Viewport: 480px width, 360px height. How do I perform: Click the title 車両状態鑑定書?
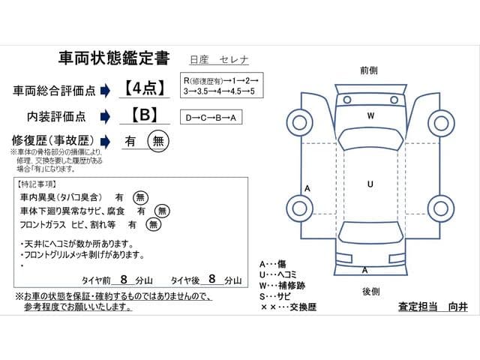[113, 58]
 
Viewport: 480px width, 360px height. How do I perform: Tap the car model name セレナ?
[234, 60]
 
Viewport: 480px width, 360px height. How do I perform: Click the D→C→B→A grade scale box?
[212, 118]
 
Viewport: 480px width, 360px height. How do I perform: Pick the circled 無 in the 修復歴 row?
[158, 140]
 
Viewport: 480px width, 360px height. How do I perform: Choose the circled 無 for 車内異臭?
[140, 197]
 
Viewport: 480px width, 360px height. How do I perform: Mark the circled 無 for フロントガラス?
[153, 223]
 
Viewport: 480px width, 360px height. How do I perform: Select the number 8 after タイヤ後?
[212, 279]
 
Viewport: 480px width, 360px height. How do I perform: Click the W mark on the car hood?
[370, 116]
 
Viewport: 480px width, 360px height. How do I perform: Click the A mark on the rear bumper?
[365, 269]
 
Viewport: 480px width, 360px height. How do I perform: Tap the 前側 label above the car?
[368, 69]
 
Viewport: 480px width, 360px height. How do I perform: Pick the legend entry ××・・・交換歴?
[288, 307]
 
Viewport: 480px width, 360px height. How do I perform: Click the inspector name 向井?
[457, 307]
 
